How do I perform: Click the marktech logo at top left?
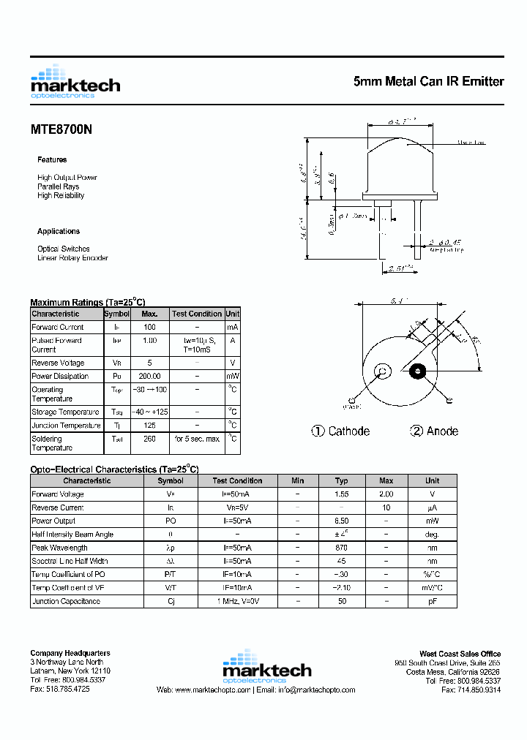(x=75, y=82)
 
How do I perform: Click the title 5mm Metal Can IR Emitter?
(x=428, y=82)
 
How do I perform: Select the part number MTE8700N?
(x=61, y=129)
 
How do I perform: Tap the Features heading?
(x=52, y=159)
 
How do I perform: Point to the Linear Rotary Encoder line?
(x=72, y=258)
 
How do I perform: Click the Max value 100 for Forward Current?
(x=149, y=327)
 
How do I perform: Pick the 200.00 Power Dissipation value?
(x=149, y=376)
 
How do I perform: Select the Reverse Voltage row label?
(x=58, y=363)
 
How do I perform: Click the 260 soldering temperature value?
(x=149, y=439)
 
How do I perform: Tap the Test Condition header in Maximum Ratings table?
(x=197, y=314)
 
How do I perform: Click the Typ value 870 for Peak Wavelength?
(x=341, y=548)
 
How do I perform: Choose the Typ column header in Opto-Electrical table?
(x=341, y=480)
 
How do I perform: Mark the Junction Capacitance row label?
(x=66, y=601)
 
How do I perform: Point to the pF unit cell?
(x=433, y=601)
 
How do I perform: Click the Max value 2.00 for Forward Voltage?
(x=386, y=494)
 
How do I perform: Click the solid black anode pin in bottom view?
(x=418, y=371)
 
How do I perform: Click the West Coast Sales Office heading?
(x=460, y=654)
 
